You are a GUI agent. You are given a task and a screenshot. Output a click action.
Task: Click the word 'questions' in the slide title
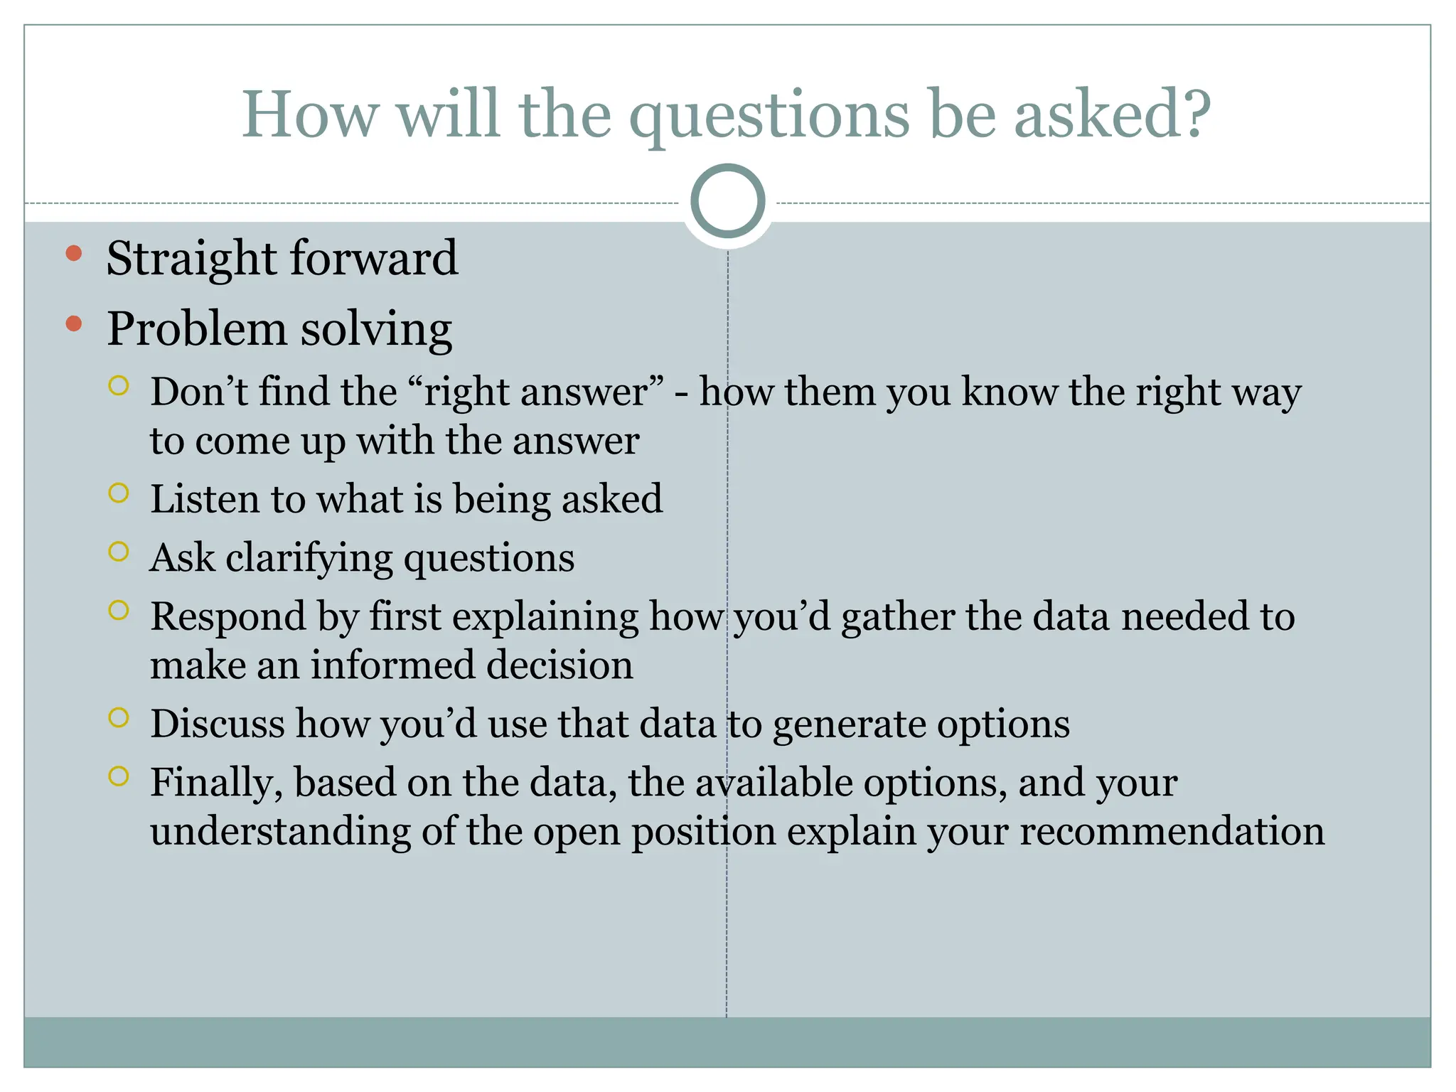pos(769,117)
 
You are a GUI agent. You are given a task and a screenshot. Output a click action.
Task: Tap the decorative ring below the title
pos(727,201)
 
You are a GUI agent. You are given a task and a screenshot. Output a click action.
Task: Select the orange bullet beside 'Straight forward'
pos(74,254)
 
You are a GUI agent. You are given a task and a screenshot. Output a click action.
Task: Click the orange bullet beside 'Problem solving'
pos(74,325)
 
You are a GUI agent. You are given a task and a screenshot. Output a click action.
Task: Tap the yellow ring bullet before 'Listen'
pos(119,493)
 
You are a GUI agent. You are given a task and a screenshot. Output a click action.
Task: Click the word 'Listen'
pos(205,498)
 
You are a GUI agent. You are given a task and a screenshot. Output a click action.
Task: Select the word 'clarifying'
pos(309,559)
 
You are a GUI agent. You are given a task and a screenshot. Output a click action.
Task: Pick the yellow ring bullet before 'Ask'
pos(119,552)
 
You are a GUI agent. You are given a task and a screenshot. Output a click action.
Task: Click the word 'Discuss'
pos(218,724)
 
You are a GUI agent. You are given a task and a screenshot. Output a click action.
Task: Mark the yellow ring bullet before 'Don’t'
pos(119,386)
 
